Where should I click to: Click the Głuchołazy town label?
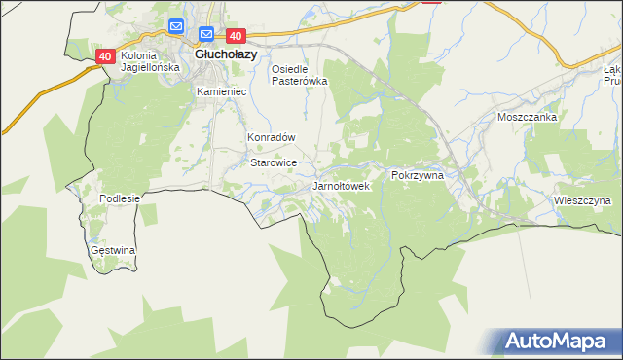pyautogui.click(x=226, y=54)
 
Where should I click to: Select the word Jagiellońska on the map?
pyautogui.click(x=150, y=68)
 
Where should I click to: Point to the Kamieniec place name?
pyautogui.click(x=221, y=91)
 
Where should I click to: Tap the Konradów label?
pyautogui.click(x=271, y=138)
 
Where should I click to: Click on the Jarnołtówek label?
pyautogui.click(x=341, y=185)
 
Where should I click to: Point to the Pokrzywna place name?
pyautogui.click(x=418, y=175)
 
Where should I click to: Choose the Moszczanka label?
pyautogui.click(x=526, y=117)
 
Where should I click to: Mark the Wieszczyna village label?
pyautogui.click(x=581, y=200)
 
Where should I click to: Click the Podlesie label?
pyautogui.click(x=120, y=198)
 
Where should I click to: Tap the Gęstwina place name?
pyautogui.click(x=113, y=250)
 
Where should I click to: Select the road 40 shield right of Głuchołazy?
pyautogui.click(x=248, y=36)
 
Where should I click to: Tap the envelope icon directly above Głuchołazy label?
pyautogui.click(x=206, y=34)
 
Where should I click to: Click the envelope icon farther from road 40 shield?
pyautogui.click(x=176, y=26)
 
